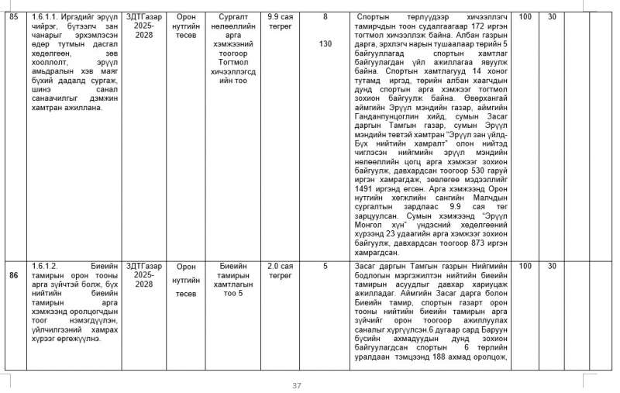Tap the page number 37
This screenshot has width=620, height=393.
click(297, 385)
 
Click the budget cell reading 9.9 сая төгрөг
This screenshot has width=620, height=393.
click(279, 20)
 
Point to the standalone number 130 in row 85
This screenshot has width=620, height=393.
click(325, 43)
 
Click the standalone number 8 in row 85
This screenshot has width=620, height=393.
click(325, 16)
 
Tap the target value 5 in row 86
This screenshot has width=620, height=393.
click(325, 266)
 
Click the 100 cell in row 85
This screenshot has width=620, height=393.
click(525, 16)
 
